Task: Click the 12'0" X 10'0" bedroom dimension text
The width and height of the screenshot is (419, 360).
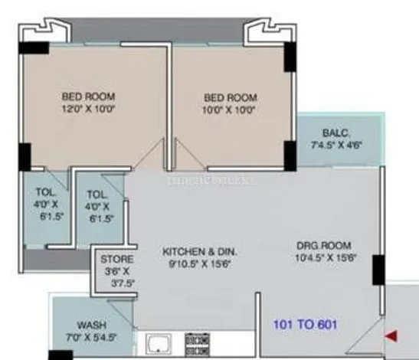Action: [x=89, y=110]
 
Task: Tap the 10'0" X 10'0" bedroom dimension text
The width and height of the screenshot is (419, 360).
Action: [x=231, y=110]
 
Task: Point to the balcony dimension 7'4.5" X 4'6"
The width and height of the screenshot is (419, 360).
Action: [x=337, y=145]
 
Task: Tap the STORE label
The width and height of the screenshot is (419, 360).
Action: [x=119, y=259]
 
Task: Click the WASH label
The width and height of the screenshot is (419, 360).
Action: [x=91, y=325]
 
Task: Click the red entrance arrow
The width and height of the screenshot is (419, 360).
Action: [x=391, y=335]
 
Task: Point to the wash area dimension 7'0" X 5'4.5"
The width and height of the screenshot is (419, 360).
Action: [x=92, y=338]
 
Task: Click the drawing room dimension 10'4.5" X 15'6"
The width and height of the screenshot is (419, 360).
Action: [x=324, y=258]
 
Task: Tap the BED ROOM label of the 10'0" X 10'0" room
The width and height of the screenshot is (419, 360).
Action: [x=231, y=97]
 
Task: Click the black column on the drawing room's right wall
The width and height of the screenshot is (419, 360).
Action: [x=378, y=270]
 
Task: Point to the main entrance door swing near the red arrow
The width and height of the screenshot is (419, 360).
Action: [x=371, y=334]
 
